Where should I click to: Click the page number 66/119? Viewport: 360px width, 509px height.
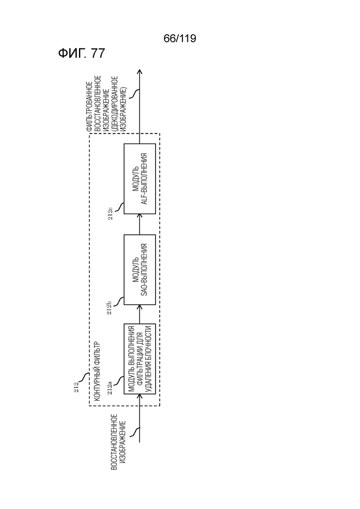(180, 39)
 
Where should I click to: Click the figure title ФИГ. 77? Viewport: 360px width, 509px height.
(82, 53)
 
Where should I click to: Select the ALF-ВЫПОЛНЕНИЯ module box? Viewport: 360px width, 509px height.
(139, 179)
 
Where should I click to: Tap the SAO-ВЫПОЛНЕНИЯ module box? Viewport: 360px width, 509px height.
(139, 269)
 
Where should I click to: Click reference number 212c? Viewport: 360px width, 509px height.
(110, 213)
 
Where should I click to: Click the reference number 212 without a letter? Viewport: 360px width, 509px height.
(76, 387)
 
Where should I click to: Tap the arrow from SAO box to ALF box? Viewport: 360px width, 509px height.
(139, 224)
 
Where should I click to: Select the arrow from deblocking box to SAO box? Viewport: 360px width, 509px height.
(139, 314)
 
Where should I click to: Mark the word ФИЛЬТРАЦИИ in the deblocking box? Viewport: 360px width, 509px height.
(140, 359)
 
